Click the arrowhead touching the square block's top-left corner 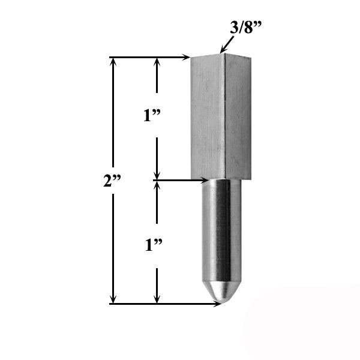pyautogui.click(x=187, y=58)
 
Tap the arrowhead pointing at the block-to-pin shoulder pyautogui.click(x=205, y=179)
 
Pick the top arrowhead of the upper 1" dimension pyautogui.click(x=157, y=62)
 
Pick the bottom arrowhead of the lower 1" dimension pyautogui.click(x=157, y=299)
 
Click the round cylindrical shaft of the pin pyautogui.click(x=220, y=234)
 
